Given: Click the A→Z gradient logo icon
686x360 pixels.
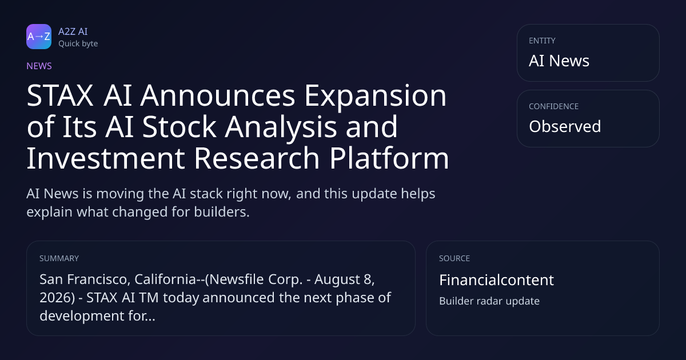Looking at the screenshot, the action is point(39,37).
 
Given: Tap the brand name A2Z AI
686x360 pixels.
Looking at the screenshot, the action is point(73,31).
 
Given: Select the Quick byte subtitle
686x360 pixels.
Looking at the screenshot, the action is point(78,44).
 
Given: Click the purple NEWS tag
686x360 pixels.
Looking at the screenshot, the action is point(39,66).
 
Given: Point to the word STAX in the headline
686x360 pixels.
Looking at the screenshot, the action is point(60,96).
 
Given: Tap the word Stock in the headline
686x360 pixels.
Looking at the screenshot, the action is point(179,126).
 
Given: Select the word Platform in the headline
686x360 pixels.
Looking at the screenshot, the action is point(389,158).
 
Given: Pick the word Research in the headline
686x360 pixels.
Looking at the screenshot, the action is point(257,158).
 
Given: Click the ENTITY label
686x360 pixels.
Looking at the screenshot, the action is point(542,41).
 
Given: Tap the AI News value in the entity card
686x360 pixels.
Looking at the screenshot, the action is point(559,61).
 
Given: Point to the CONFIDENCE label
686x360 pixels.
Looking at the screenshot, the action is point(554,106).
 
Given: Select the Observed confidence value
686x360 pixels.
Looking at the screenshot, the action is point(565,126).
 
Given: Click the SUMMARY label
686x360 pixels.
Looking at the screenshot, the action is point(59,258).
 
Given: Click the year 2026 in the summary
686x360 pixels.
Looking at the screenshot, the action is point(55,298).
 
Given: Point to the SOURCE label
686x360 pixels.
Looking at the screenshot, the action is point(454,258).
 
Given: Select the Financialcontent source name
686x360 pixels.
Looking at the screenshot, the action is point(496,280).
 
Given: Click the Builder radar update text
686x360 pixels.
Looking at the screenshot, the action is point(489,301).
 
